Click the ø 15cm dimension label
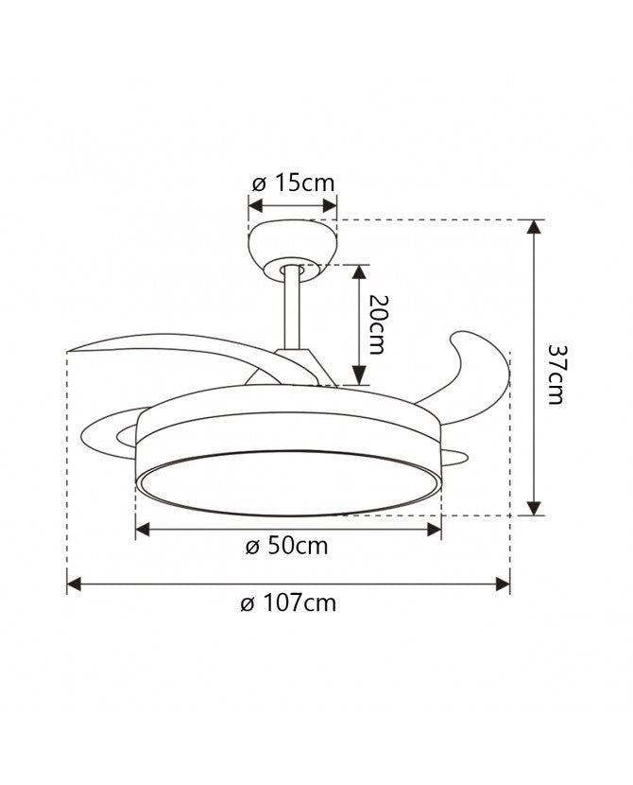coord(295,183)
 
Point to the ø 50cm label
coord(287,548)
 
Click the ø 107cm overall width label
coord(288,602)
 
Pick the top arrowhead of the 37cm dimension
coord(535,228)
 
